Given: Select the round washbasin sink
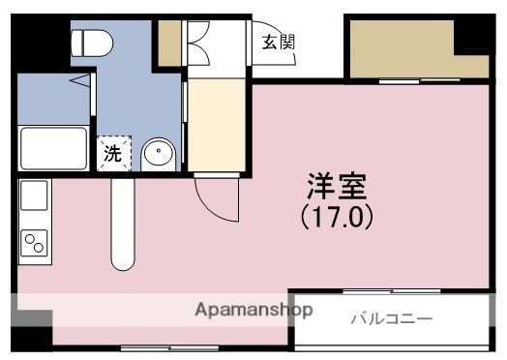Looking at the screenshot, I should tap(158, 154).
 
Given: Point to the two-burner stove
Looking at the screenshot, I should tap(34, 239).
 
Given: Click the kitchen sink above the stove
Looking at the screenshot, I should tap(33, 197).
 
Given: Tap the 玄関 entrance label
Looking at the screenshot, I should tap(279, 42).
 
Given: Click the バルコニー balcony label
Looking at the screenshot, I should tap(391, 317).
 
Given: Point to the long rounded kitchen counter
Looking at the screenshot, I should tap(122, 225).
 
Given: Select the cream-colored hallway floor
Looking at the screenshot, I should tap(218, 125).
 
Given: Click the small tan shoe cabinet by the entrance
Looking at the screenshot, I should tap(169, 40).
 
